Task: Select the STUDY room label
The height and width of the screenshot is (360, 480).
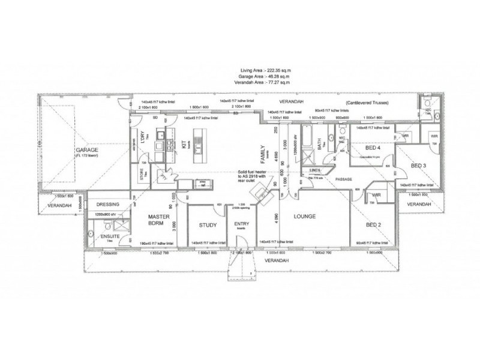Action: pos(208,226)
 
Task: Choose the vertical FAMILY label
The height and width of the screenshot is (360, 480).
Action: pos(262,155)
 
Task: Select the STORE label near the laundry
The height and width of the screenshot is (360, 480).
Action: pos(141,176)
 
